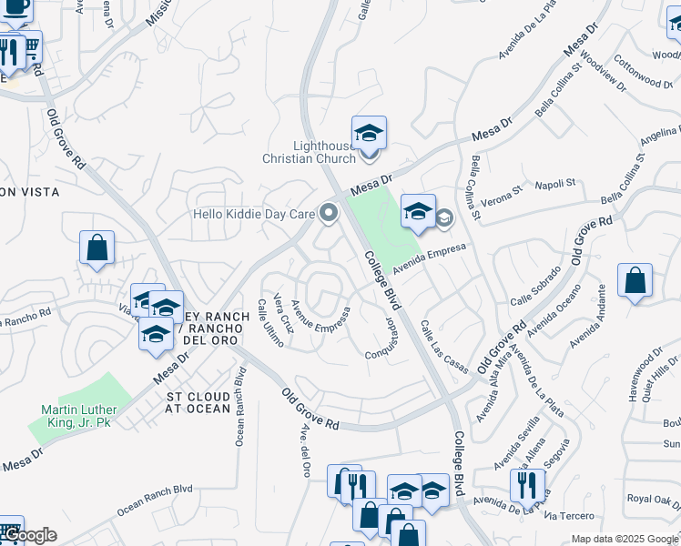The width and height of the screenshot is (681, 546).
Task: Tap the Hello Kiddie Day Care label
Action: [x=253, y=215]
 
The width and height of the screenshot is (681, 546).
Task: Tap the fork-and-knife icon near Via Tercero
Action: [x=526, y=486]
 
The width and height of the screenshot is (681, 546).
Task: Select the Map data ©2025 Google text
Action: [x=625, y=539]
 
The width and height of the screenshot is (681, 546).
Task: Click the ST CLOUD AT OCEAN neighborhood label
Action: [x=199, y=403]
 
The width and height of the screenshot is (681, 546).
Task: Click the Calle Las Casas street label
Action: [x=443, y=345]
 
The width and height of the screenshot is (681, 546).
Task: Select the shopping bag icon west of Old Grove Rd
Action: [x=97, y=248]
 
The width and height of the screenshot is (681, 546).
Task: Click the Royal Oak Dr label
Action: [x=653, y=499]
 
